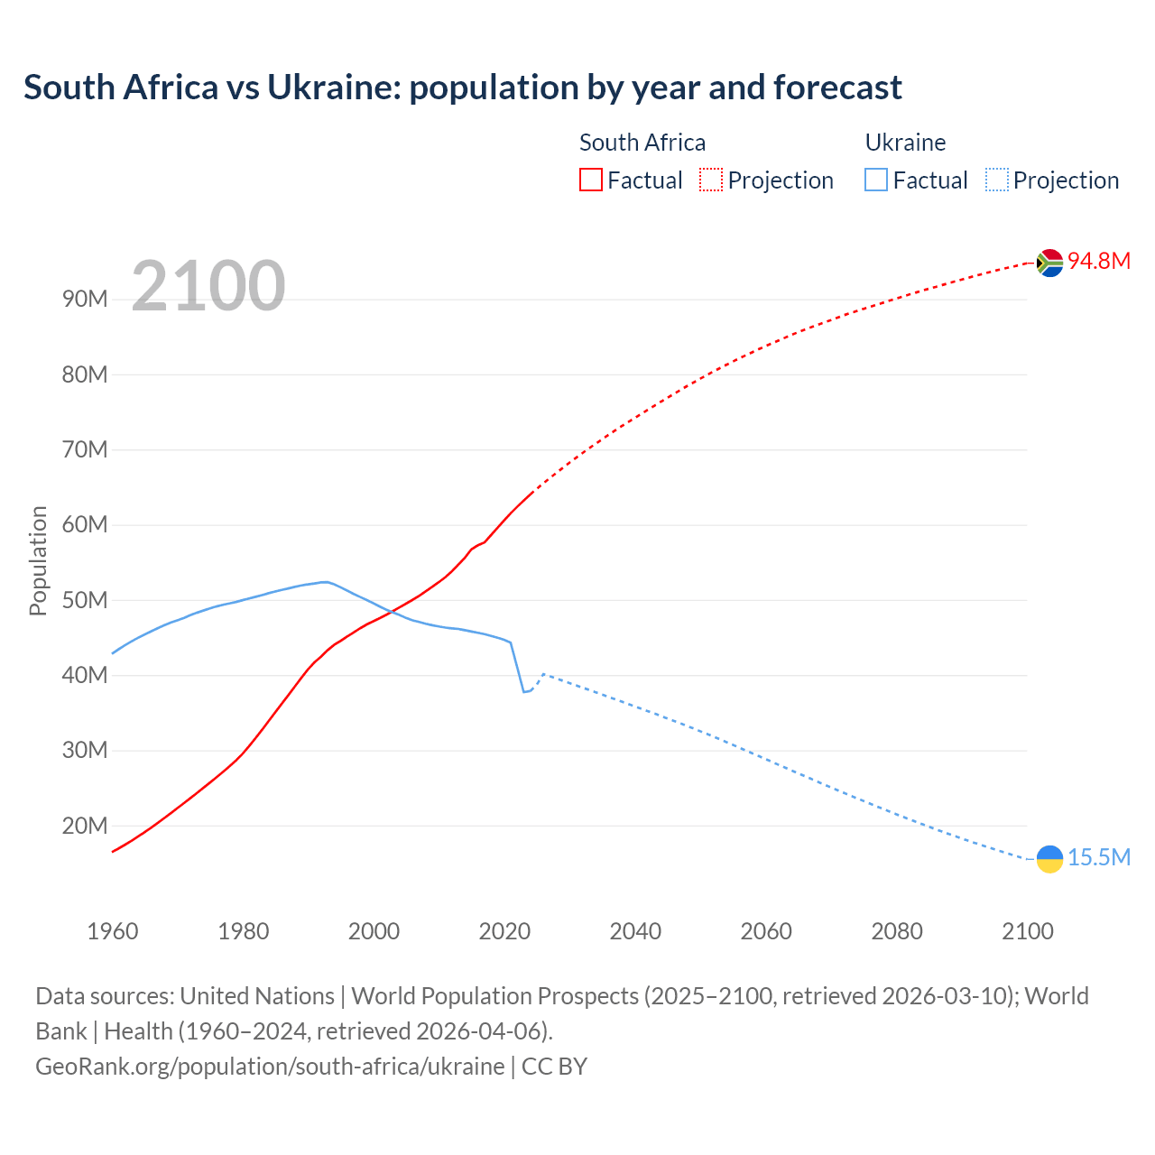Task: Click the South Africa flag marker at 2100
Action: click(x=1049, y=263)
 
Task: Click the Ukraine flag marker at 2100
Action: click(x=1049, y=859)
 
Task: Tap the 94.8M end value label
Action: click(x=1099, y=261)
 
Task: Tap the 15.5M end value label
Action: click(x=1099, y=857)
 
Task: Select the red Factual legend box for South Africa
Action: click(x=590, y=180)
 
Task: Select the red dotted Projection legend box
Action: click(x=711, y=180)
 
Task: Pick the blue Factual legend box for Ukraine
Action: click(x=876, y=180)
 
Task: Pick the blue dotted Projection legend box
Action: click(x=996, y=180)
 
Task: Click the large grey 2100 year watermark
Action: click(x=208, y=286)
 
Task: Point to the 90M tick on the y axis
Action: click(x=85, y=299)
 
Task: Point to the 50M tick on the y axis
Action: click(x=85, y=600)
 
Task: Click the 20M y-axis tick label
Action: click(x=85, y=826)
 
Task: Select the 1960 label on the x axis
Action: click(x=113, y=931)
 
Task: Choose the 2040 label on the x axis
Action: click(x=635, y=931)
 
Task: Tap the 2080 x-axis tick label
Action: click(x=897, y=931)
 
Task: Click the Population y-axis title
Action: click(x=38, y=560)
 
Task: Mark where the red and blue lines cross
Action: click(x=390, y=613)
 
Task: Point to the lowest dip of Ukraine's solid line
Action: click(x=523, y=691)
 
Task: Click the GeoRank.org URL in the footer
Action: click(x=270, y=1066)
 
